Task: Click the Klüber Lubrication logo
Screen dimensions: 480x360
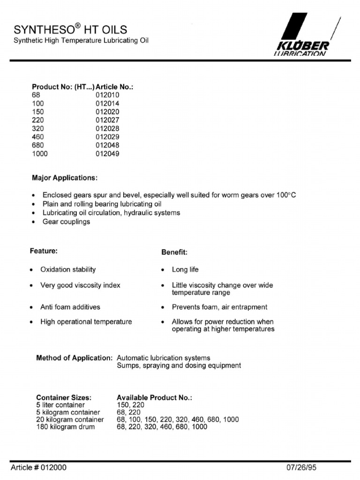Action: [x=305, y=35]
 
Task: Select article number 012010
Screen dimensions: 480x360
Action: [x=107, y=95]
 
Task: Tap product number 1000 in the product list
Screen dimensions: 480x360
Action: [x=40, y=154]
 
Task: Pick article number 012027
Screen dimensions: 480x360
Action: [x=107, y=120]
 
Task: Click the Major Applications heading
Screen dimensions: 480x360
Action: [x=65, y=178]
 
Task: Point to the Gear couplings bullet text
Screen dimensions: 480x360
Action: [x=66, y=222]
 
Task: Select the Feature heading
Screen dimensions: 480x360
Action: [x=44, y=251]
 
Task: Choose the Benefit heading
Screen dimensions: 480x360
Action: [x=174, y=252]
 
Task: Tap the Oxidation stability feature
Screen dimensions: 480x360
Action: [x=68, y=270]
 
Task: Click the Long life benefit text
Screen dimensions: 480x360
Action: [x=185, y=270]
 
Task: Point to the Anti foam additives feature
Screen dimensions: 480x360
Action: [x=70, y=307]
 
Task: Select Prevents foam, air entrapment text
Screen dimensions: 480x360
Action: [x=219, y=307]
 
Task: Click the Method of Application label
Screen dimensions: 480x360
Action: [x=74, y=358]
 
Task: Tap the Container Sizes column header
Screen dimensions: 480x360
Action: [x=64, y=397]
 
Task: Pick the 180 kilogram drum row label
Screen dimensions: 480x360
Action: [x=65, y=427]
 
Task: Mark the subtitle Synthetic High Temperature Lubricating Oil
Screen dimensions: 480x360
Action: [x=81, y=41]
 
